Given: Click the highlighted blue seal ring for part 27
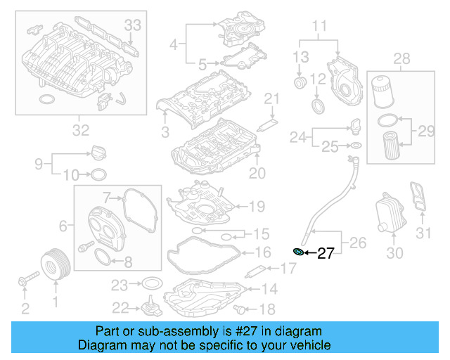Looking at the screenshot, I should tap(298, 252).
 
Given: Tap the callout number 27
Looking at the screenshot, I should tap(326, 254).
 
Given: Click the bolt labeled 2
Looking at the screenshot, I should tap(24, 283).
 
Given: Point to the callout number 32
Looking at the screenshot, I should tap(81, 130).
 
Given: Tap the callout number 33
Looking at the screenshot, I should tap(133, 25).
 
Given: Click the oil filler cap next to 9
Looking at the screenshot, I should tap(98, 153).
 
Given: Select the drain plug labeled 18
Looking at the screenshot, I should tap(243, 308).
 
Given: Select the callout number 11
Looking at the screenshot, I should tap(320, 28).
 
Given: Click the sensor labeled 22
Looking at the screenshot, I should tap(148, 309).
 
